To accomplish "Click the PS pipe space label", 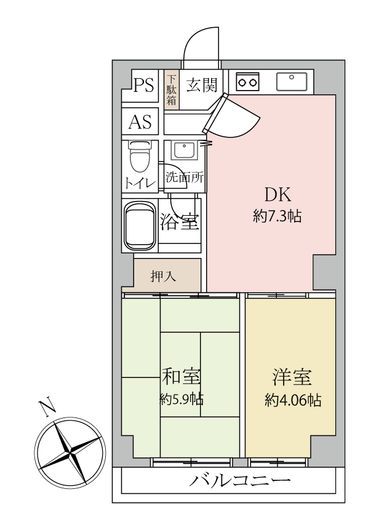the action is (x=144, y=85).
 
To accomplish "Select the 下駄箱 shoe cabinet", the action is (x=172, y=90).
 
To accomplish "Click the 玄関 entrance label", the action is (x=202, y=84).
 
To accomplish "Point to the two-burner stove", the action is (x=247, y=81).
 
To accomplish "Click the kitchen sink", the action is (x=292, y=81).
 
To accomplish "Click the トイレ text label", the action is (x=140, y=183).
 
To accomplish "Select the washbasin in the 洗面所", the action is (x=183, y=150).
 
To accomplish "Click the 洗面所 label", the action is (x=185, y=177).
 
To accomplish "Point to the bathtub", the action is (x=140, y=226).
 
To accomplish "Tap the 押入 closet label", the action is (x=163, y=276).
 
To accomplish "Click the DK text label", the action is (x=277, y=194).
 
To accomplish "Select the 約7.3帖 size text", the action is (x=277, y=216).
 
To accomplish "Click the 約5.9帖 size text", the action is (x=182, y=399).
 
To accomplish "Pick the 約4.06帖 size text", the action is (x=293, y=400).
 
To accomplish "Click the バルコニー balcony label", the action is (x=240, y=480).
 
